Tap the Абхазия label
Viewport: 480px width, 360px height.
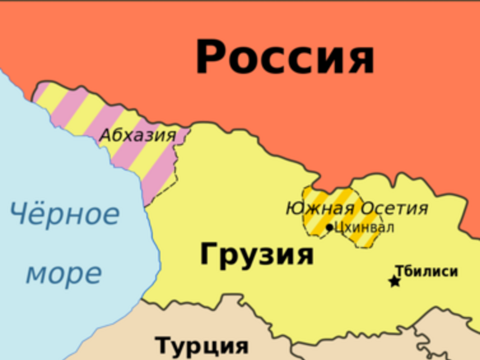[137, 135]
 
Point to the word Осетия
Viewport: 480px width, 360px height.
[394, 209]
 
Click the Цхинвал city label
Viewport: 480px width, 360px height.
[364, 227]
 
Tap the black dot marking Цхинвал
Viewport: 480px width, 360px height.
[329, 228]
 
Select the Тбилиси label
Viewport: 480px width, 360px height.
[426, 271]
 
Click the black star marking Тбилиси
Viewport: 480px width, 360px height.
[395, 282]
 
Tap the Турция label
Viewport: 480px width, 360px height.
[202, 346]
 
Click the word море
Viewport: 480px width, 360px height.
[64, 274]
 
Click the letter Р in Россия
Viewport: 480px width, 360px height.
[209, 57]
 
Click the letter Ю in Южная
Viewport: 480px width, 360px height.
[294, 209]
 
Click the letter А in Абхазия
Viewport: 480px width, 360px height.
[106, 135]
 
